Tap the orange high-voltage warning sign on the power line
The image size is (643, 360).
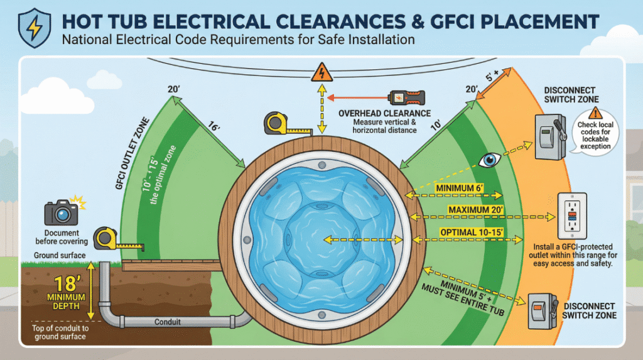321,72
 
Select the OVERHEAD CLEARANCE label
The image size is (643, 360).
384,113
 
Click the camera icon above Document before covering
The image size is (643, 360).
62,212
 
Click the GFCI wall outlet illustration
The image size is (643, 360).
572,215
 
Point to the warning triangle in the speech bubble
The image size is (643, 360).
595,113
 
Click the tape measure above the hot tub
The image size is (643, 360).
278,123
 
